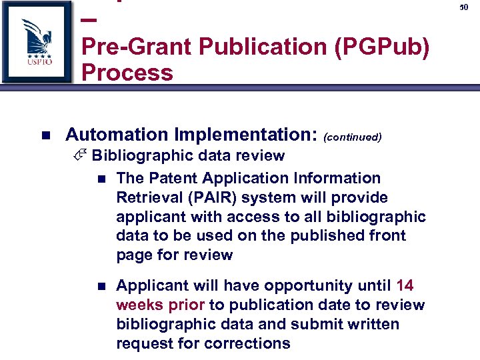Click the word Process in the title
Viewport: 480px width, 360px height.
[127, 72]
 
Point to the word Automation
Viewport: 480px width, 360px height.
[117, 135]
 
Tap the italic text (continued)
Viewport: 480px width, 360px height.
[352, 137]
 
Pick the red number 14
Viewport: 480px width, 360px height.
[405, 286]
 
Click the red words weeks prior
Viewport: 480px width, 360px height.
[161, 305]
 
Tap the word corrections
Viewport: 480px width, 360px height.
[251, 344]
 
